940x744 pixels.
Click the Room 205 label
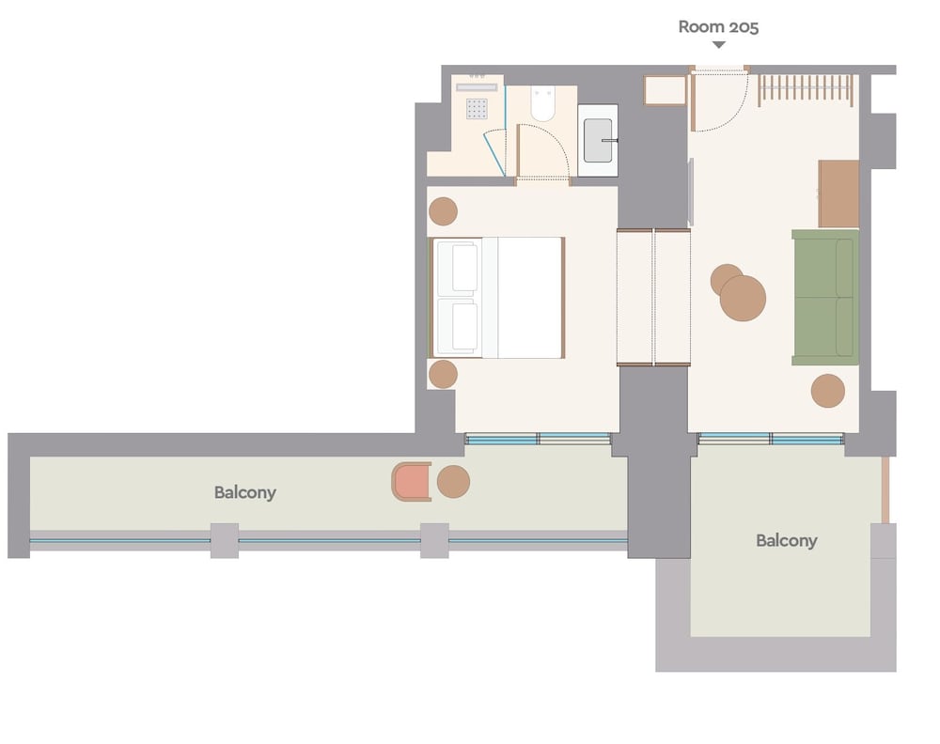point(718,27)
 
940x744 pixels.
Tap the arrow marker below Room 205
point(719,44)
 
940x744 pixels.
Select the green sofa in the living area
point(825,297)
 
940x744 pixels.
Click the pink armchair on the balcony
point(412,481)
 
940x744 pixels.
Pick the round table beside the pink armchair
point(453,482)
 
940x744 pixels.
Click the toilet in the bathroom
point(543,103)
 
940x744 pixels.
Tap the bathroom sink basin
point(598,141)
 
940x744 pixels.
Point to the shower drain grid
point(477,109)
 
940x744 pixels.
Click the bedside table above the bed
point(443,211)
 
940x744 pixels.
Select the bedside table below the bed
point(443,375)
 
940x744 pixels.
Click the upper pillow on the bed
point(464,268)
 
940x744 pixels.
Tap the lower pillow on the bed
point(464,327)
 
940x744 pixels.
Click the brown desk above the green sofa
point(838,194)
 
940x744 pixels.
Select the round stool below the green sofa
point(828,391)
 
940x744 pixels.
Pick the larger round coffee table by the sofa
point(743,298)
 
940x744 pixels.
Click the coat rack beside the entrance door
point(806,90)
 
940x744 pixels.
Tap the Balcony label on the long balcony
point(245,492)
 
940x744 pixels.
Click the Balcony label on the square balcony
point(787,541)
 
